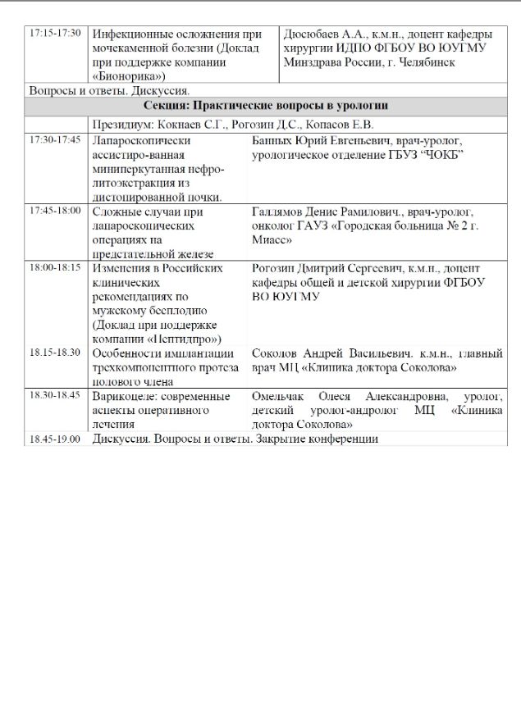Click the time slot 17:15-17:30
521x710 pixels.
point(54,34)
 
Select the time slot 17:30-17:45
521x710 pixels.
point(54,139)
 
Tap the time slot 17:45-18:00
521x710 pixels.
point(54,210)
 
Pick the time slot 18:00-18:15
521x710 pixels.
point(54,267)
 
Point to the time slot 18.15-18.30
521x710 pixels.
point(54,353)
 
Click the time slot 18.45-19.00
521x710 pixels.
point(54,439)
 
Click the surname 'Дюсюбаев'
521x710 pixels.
point(311,34)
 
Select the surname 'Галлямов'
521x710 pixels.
point(278,211)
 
